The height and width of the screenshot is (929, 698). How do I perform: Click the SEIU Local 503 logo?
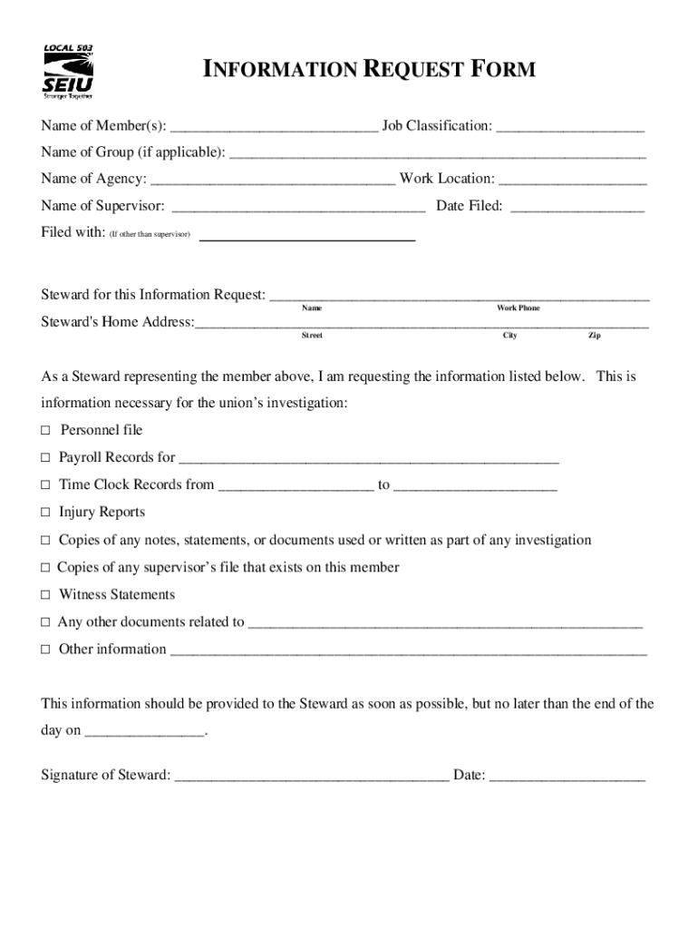pyautogui.click(x=68, y=71)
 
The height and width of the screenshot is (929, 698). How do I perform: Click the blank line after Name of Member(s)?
pyautogui.click(x=274, y=126)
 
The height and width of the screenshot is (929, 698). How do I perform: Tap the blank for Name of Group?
pyautogui.click(x=438, y=152)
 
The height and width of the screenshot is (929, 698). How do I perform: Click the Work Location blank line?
pyautogui.click(x=573, y=180)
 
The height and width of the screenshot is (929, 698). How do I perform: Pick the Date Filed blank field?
pyautogui.click(x=577, y=207)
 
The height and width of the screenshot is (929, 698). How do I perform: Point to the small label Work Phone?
pyautogui.click(x=518, y=308)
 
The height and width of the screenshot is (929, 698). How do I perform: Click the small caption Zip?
pyautogui.click(x=594, y=336)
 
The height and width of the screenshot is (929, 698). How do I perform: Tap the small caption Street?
pyautogui.click(x=312, y=336)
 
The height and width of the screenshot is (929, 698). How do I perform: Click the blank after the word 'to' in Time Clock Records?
pyautogui.click(x=476, y=486)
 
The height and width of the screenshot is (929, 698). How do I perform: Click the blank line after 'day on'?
pyautogui.click(x=145, y=731)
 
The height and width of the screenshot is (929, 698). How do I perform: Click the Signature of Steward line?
pyautogui.click(x=311, y=777)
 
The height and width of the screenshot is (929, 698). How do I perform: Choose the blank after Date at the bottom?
pyautogui.click(x=567, y=777)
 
